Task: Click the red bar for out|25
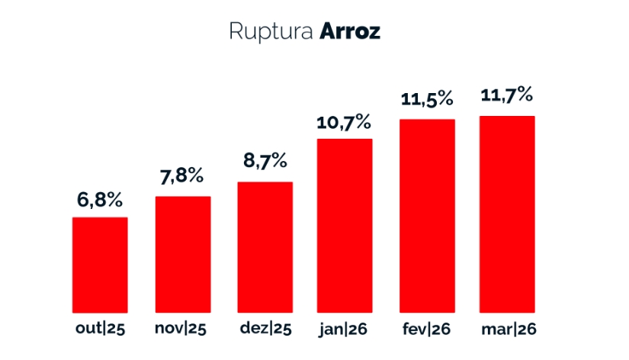click(x=100, y=265)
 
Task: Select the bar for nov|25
click(x=183, y=254)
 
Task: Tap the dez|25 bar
click(x=265, y=247)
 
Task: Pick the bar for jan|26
click(x=345, y=226)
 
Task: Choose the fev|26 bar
click(x=427, y=216)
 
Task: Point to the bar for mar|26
click(x=507, y=214)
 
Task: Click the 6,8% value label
click(x=100, y=201)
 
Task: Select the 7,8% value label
click(x=181, y=177)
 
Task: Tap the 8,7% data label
click(x=264, y=161)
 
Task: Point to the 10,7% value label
click(x=344, y=121)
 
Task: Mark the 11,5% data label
click(x=427, y=100)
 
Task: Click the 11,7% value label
click(x=506, y=97)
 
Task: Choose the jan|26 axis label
click(x=345, y=329)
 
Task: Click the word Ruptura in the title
click(x=271, y=33)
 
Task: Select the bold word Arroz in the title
click(x=350, y=32)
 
